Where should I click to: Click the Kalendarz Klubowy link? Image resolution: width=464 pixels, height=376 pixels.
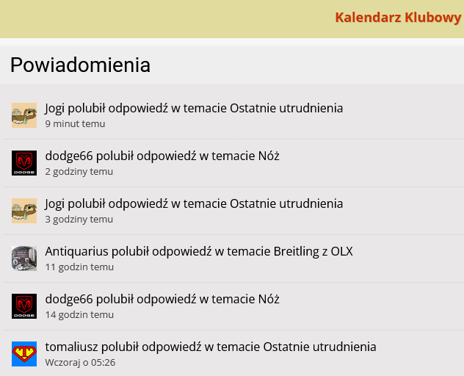point(397,18)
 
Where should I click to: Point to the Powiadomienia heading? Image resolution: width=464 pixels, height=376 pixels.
point(80,65)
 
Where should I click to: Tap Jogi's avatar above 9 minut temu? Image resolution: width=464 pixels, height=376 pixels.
point(24,115)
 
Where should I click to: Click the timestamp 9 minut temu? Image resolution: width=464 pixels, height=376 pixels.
point(75,124)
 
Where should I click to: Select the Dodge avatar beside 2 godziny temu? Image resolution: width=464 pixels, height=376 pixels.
point(24,163)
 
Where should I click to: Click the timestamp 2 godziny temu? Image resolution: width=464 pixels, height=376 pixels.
point(79,172)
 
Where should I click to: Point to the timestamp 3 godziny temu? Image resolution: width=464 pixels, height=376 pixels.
point(79,220)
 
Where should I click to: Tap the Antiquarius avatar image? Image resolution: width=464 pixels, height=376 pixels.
point(24,258)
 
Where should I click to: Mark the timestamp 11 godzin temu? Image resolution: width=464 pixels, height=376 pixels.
point(79,267)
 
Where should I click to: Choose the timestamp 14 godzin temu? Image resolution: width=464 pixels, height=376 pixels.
point(79,315)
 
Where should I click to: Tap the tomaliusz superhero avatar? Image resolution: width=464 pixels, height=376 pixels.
point(24,354)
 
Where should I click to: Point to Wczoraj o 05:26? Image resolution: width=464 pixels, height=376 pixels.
point(80,363)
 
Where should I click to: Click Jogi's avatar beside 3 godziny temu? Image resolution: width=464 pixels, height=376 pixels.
point(24,211)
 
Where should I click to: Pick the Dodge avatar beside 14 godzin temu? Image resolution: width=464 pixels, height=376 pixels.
point(24,306)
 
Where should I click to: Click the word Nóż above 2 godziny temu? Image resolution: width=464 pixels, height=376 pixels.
point(269,156)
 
